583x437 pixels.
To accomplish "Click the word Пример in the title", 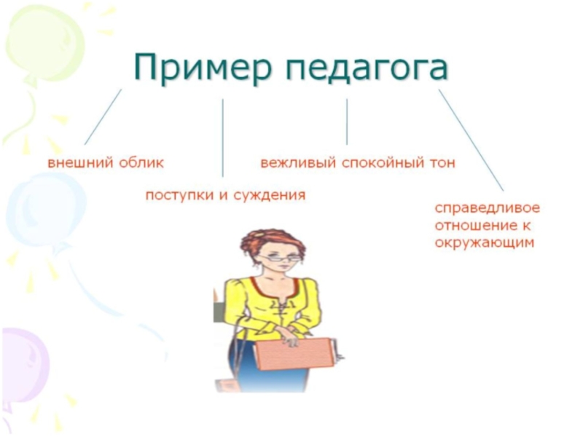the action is pyautogui.click(x=201, y=67).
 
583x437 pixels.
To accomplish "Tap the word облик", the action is pyautogui.click(x=141, y=162).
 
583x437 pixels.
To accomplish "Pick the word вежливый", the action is pyautogui.click(x=298, y=162).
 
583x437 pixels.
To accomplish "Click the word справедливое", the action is pyautogui.click(x=488, y=208).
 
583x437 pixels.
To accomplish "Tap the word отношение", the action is pyautogui.click(x=477, y=225).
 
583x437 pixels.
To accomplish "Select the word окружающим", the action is pyautogui.click(x=485, y=243).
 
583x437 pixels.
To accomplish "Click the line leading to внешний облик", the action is pyautogui.click(x=103, y=117).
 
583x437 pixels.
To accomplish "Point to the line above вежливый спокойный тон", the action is pyautogui.click(x=347, y=122).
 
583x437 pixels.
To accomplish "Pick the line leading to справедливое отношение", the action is pyautogui.click(x=471, y=140).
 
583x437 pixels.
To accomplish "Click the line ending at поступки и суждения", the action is pyautogui.click(x=223, y=138).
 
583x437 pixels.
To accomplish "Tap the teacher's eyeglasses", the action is pyautogui.click(x=280, y=258).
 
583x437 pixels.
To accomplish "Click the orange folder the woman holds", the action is pyautogui.click(x=294, y=354).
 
